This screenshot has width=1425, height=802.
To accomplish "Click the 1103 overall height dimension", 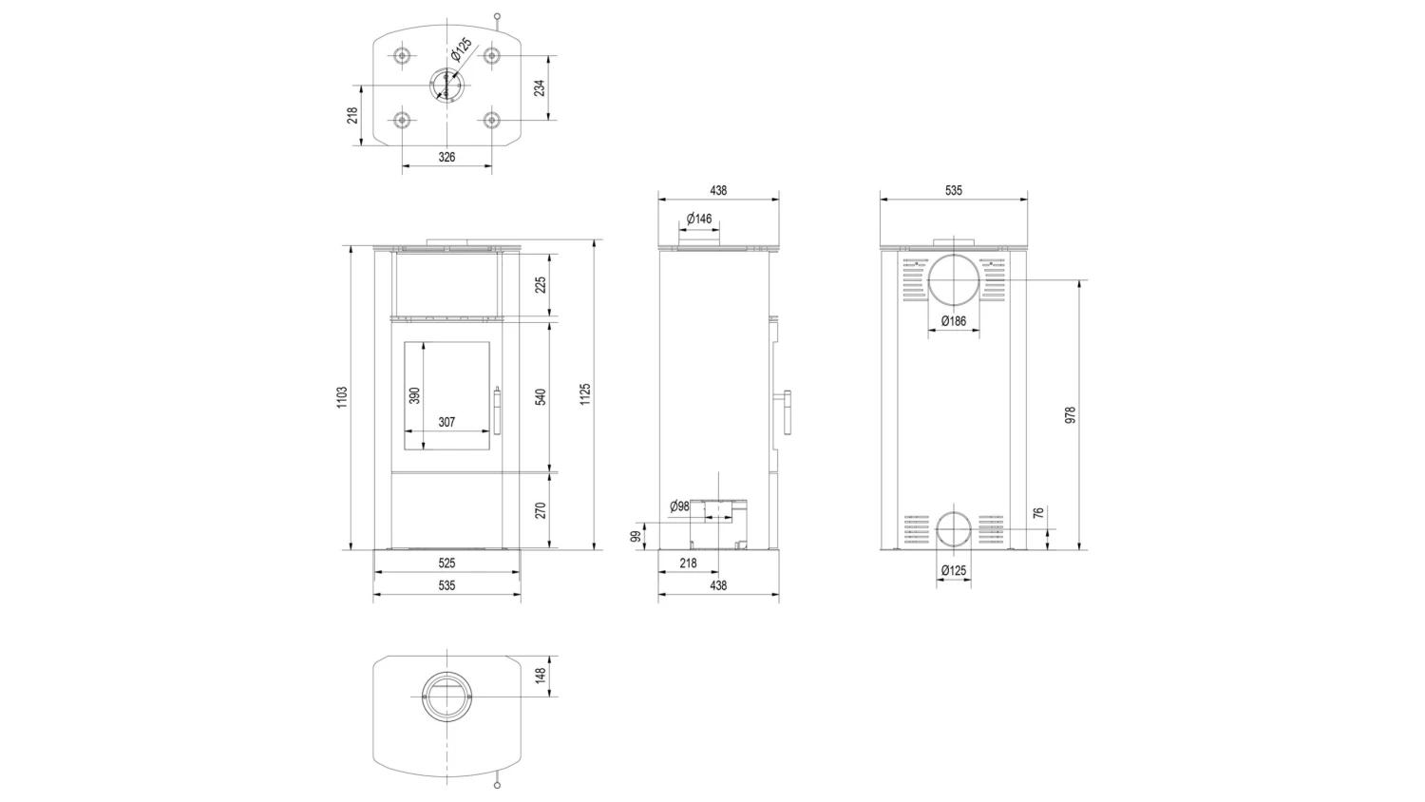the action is point(342,397).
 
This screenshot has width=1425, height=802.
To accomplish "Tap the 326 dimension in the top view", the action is point(447,157).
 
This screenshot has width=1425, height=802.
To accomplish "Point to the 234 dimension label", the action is point(540,87).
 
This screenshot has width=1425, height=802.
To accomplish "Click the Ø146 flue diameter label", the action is point(699,219).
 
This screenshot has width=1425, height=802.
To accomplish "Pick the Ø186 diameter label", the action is point(954,321).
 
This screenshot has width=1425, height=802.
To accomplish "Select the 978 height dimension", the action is point(1070,415).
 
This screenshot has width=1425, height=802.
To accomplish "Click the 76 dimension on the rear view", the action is point(1038,513).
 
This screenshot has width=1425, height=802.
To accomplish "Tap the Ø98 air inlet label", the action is point(679,506).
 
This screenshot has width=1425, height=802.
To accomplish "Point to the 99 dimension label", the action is point(636,537).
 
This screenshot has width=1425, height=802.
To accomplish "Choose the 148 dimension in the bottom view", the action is point(541,676).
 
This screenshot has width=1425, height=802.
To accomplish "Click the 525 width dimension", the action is point(447,563).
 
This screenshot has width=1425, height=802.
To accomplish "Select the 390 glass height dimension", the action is point(414,396).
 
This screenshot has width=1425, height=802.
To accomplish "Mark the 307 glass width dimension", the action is point(447,422).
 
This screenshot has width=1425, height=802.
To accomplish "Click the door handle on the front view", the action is point(497,411).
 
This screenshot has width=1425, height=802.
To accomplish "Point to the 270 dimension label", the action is point(541,510).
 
